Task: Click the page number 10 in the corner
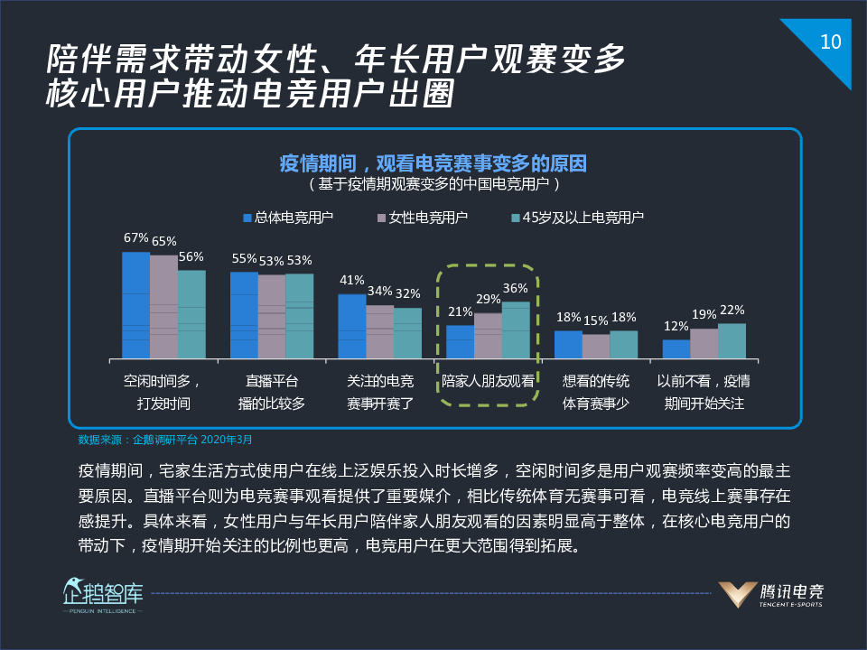[830, 42]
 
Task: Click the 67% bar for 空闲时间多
[135, 305]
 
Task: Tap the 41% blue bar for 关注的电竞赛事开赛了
[351, 326]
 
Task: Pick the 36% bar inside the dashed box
[516, 330]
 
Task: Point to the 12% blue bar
[676, 348]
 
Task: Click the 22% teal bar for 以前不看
[732, 340]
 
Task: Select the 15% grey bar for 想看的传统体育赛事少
[596, 346]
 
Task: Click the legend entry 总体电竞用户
[287, 218]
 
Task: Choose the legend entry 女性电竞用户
[422, 218]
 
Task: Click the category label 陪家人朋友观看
[488, 382]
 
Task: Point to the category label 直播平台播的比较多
[272, 392]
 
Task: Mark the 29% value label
[489, 299]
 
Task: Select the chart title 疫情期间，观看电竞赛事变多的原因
[433, 163]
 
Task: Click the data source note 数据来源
[165, 440]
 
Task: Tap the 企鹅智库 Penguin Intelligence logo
[102, 595]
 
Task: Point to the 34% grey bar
[379, 331]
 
